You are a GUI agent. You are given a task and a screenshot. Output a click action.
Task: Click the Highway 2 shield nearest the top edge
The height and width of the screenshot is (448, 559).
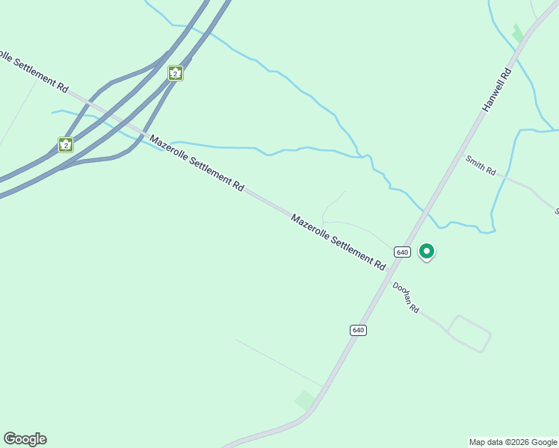(175, 73)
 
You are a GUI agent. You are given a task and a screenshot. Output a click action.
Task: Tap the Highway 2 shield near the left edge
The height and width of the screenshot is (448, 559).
(66, 145)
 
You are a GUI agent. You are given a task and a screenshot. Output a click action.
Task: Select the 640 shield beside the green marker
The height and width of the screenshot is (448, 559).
(402, 252)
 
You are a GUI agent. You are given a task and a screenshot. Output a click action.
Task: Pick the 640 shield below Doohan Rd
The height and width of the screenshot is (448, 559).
(358, 330)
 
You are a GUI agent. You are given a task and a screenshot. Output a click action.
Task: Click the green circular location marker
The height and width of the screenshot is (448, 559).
(427, 252)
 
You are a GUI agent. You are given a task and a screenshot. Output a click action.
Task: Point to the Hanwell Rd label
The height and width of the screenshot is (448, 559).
(496, 90)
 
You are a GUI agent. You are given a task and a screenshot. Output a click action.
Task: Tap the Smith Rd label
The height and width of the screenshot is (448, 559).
(481, 166)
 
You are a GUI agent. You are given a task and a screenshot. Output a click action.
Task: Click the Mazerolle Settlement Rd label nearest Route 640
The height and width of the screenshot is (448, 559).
(338, 242)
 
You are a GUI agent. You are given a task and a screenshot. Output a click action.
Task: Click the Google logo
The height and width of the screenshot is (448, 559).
(25, 439)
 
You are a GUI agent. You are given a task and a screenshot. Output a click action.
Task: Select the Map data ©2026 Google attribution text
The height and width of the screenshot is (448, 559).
(513, 442)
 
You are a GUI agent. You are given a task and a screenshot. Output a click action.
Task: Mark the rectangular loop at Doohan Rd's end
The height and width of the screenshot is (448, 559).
(469, 334)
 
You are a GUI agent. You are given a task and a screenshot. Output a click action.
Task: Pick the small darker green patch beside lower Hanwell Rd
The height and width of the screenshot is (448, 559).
(304, 399)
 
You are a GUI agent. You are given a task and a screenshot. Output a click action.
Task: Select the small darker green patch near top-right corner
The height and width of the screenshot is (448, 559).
(517, 34)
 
